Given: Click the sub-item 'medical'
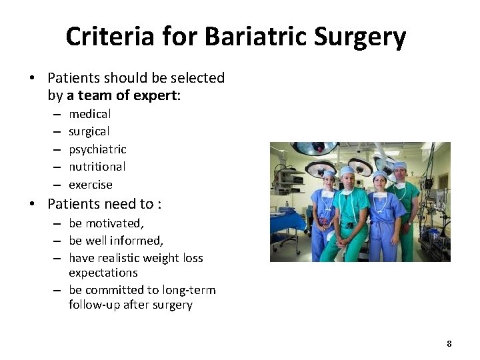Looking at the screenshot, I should point(90,114).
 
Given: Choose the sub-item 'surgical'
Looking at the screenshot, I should point(89,131).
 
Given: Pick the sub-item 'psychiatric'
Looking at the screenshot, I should point(97,149).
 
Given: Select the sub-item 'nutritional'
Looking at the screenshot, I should point(97,167).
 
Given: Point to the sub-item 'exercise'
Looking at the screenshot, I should point(91,185).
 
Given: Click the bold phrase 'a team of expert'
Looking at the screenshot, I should point(123,95).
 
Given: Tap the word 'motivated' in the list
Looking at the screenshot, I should point(114,223).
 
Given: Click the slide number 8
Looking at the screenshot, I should point(449,343).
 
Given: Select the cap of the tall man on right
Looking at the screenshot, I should point(399,165).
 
